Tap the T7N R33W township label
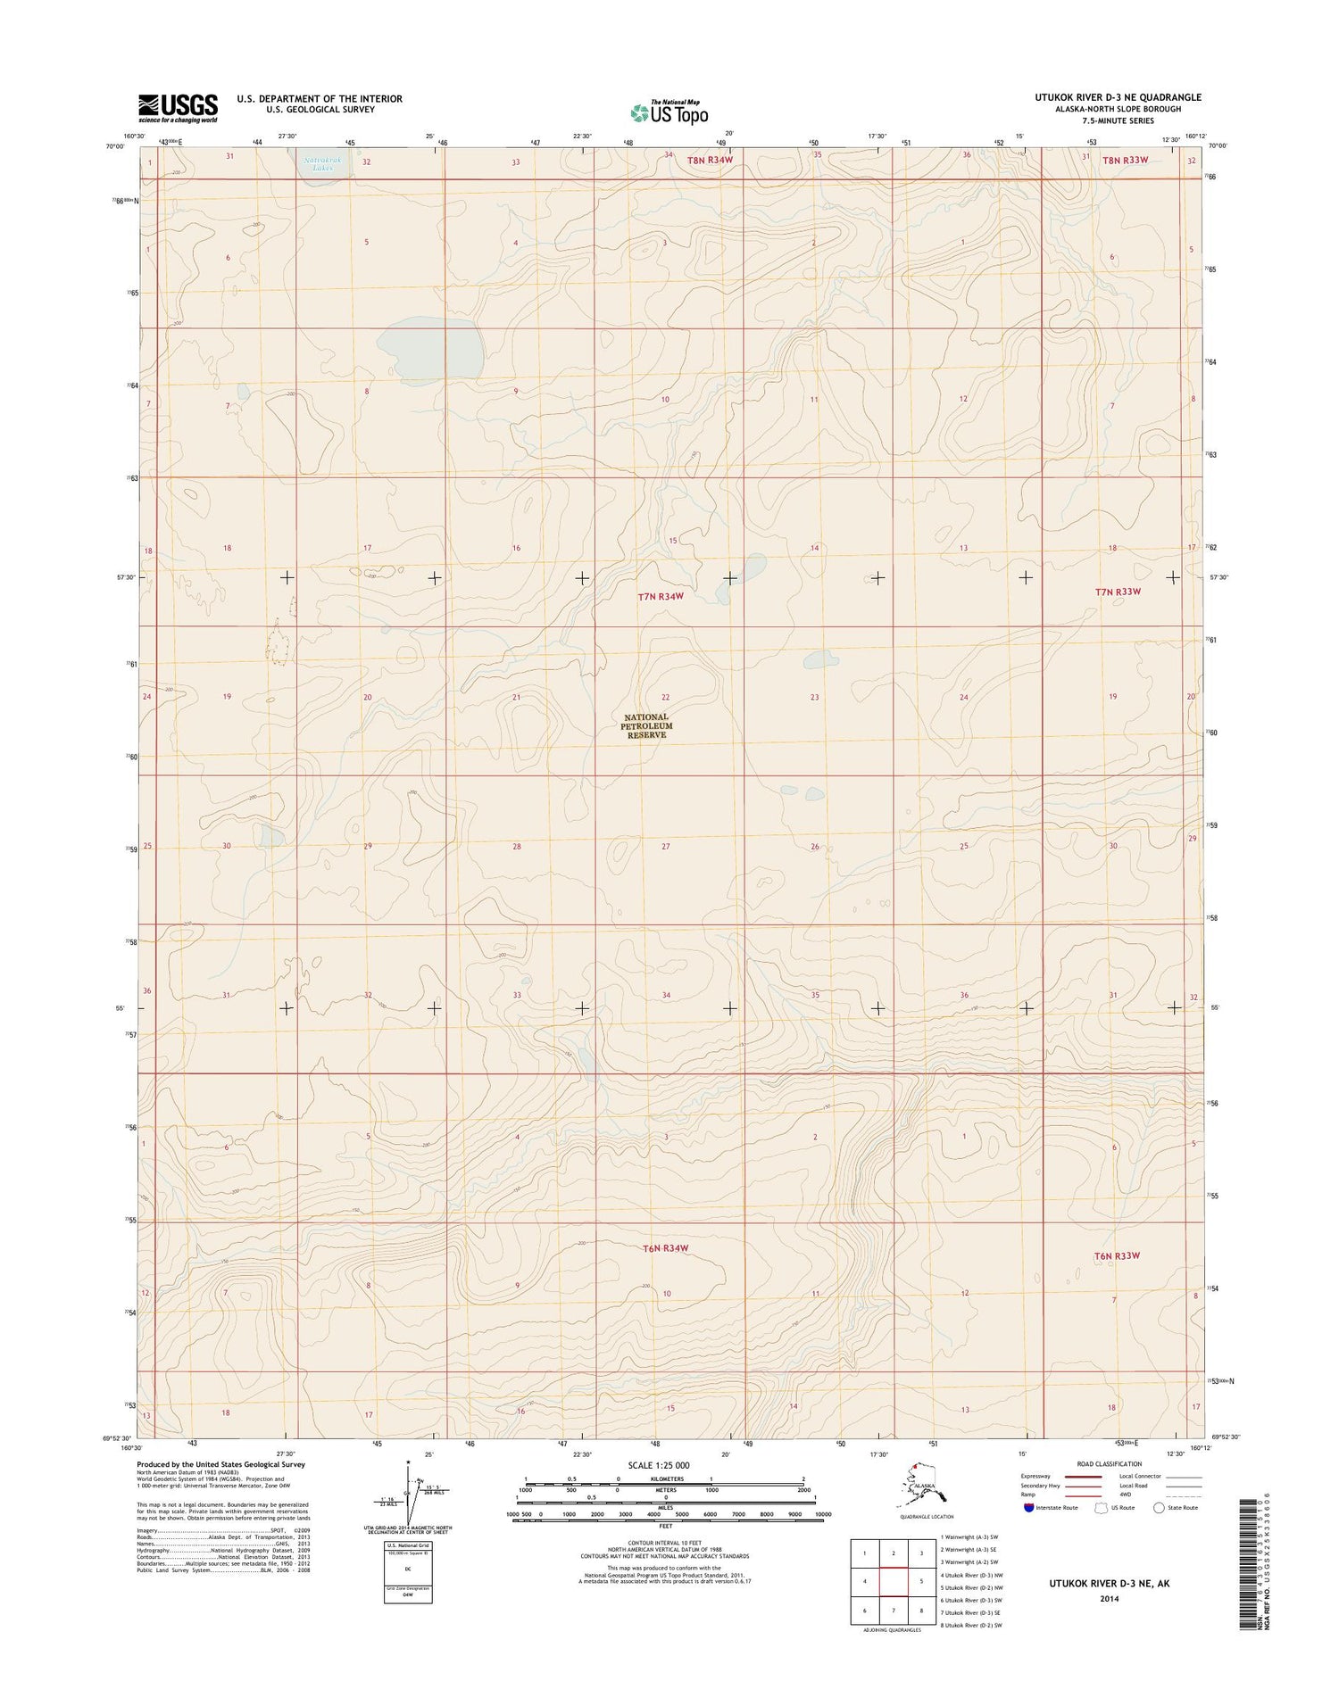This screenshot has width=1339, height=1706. click(x=1118, y=591)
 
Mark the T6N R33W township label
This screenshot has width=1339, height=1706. click(x=1117, y=1255)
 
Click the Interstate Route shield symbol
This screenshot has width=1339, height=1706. click(x=1029, y=1507)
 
